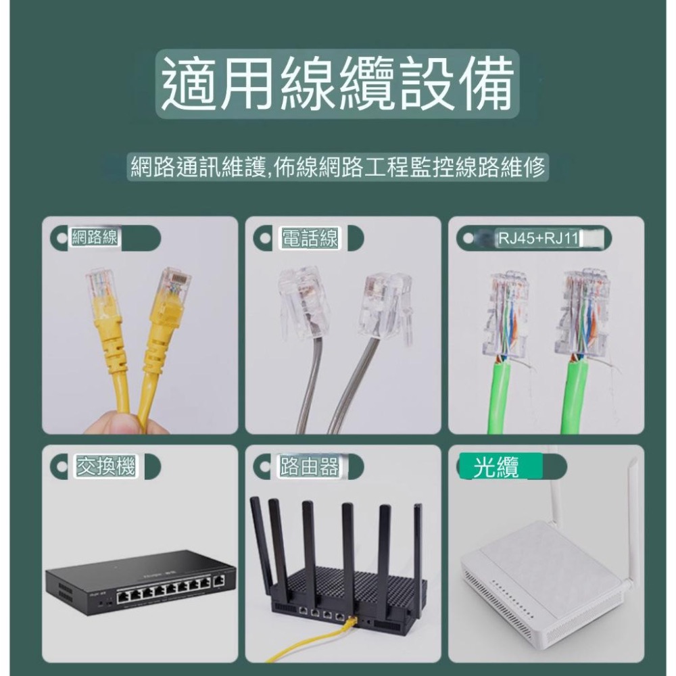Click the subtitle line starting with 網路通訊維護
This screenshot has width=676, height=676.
[337, 167]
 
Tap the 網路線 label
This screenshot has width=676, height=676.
[94, 238]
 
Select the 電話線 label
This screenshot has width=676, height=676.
[310, 238]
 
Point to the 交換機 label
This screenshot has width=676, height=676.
[105, 466]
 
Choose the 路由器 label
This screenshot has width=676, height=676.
[310, 466]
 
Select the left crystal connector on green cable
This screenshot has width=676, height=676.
[506, 315]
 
